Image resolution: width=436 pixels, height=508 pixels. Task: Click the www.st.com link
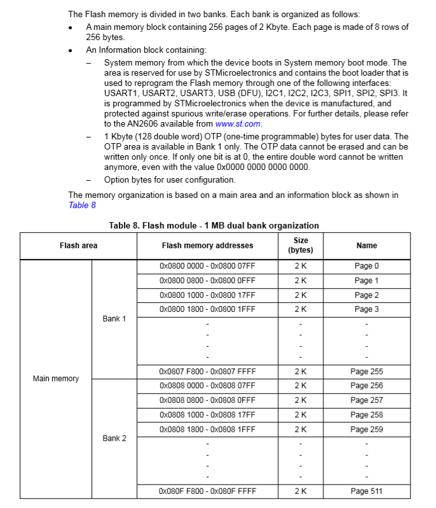coord(238,124)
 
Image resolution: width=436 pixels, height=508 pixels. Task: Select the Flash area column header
coord(78,245)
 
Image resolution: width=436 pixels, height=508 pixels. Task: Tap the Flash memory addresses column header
coord(207,245)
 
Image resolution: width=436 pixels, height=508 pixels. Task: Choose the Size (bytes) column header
coord(301,245)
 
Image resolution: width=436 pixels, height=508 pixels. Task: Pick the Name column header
coord(367,245)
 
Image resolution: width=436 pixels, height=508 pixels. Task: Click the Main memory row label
coord(56,379)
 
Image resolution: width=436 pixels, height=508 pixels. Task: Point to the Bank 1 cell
coord(114,318)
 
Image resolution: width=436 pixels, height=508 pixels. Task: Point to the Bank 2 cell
coord(114,438)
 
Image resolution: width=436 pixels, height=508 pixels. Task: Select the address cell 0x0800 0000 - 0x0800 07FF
coord(207,266)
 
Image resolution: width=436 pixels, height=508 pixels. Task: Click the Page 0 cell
coord(367,266)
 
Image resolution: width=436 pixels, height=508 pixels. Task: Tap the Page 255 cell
coord(367,371)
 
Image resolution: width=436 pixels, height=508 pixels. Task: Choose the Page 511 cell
coord(367,491)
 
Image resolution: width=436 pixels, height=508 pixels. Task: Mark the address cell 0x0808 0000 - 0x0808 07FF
coord(207,386)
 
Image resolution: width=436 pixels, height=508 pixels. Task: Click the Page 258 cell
coord(367,414)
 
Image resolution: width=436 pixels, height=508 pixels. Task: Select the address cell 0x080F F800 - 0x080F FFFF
coord(207,491)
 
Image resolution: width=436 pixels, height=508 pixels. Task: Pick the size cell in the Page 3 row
coord(301,309)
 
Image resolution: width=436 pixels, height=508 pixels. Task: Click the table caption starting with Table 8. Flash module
coord(214,225)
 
